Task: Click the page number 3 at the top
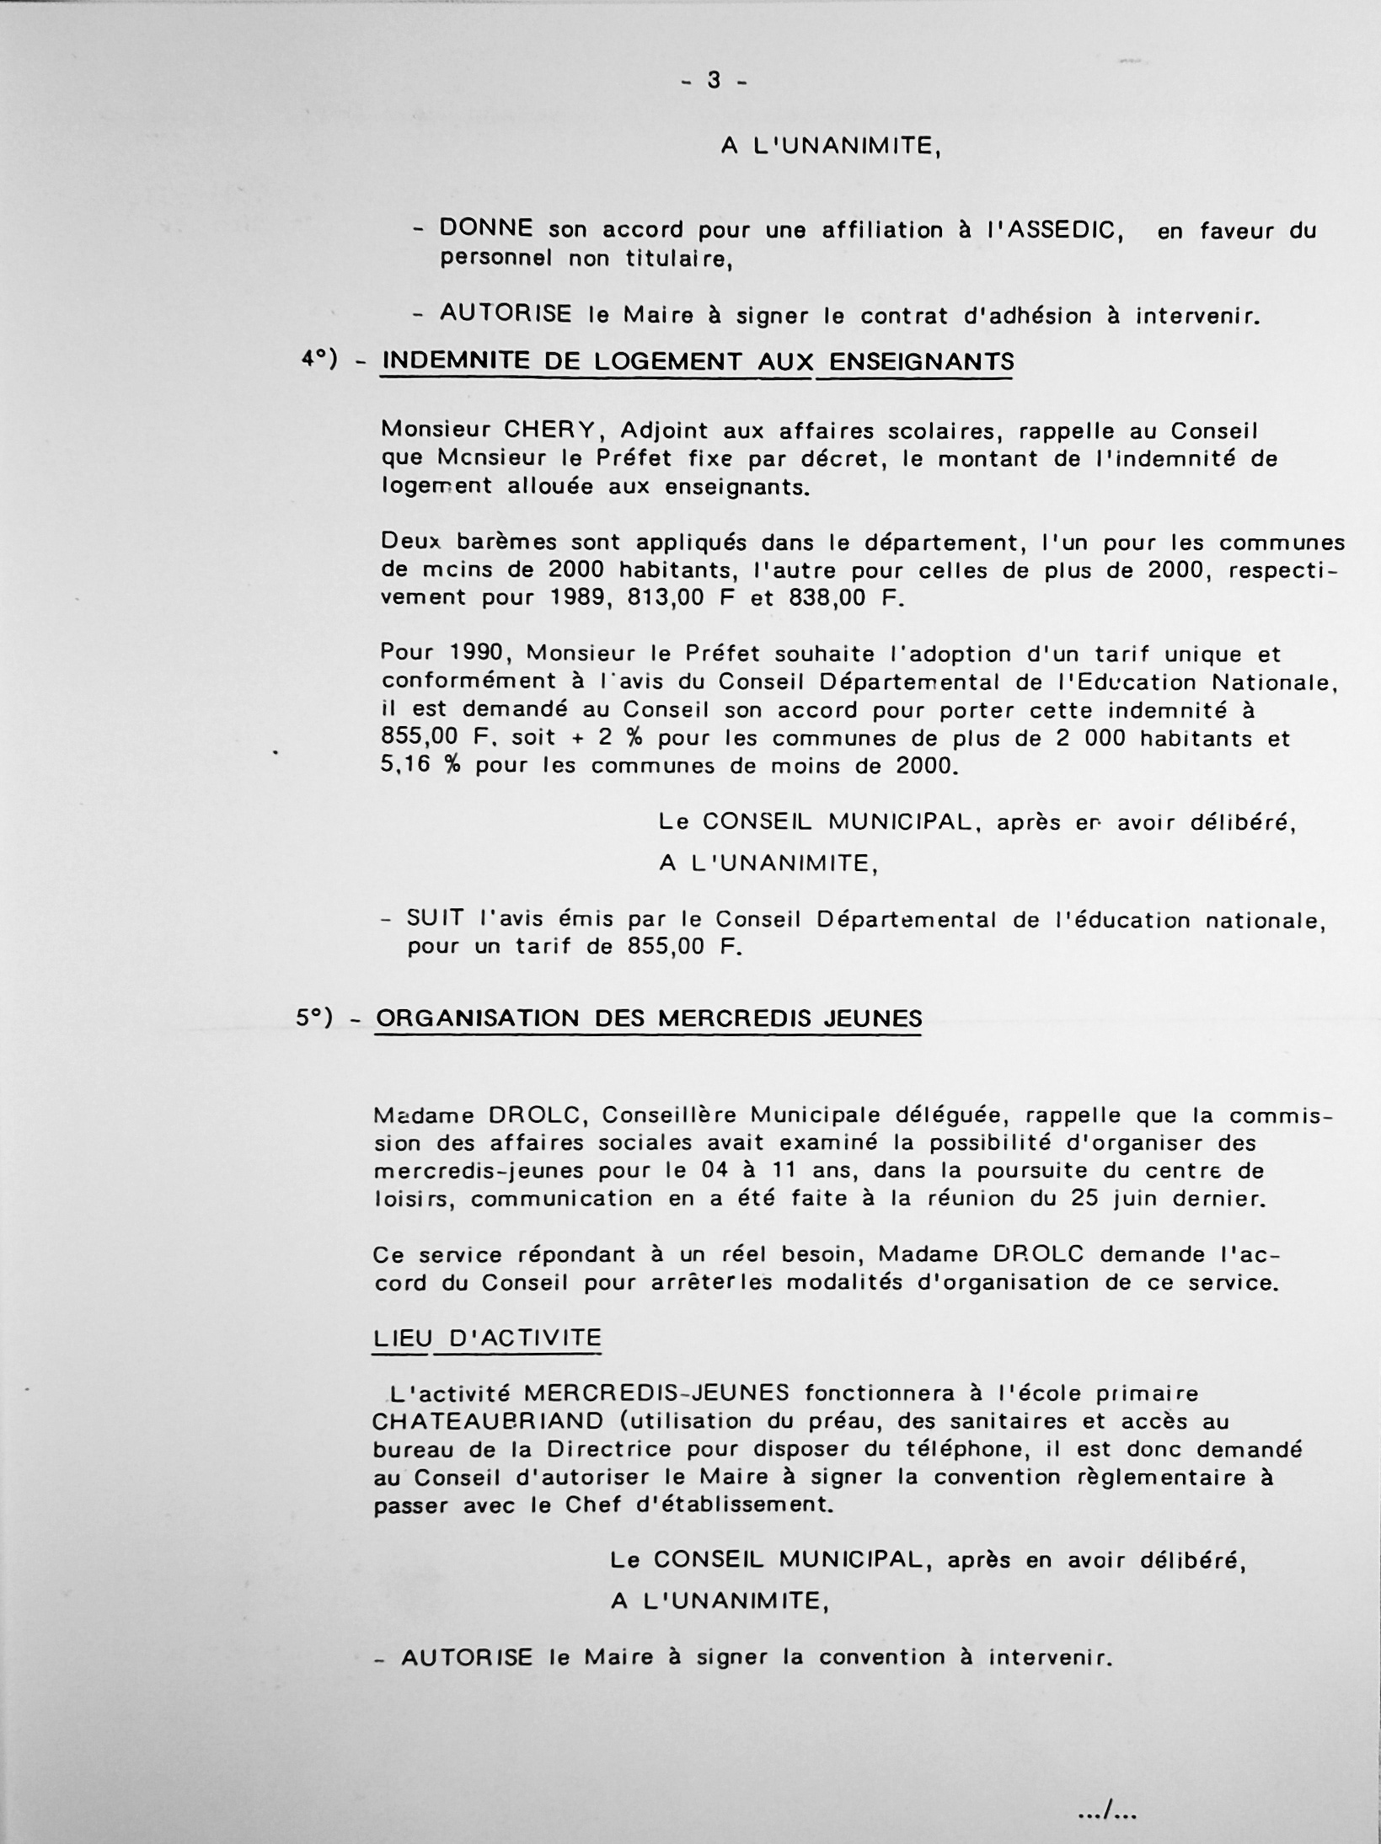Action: (714, 80)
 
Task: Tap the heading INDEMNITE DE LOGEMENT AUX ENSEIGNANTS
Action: (698, 362)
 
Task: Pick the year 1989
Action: (514, 598)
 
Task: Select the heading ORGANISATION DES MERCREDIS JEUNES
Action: (649, 1018)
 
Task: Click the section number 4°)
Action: (319, 360)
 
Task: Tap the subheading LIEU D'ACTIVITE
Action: (486, 1338)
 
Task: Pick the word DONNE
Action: (486, 228)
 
